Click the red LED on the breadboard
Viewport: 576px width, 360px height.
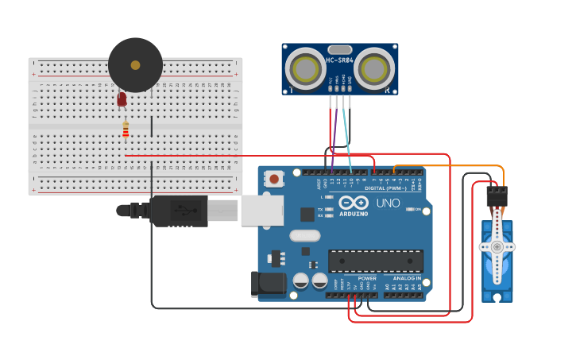click(x=122, y=99)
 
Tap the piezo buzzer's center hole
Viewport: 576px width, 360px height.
click(x=135, y=65)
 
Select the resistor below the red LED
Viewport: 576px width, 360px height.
click(x=126, y=129)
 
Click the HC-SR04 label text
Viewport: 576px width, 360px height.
click(x=339, y=60)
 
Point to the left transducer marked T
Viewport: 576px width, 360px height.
click(x=306, y=70)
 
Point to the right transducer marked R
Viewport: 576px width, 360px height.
click(x=374, y=70)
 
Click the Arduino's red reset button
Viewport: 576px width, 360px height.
click(x=274, y=179)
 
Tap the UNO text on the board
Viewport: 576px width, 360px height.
click(x=388, y=203)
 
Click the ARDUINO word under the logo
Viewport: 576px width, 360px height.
click(x=354, y=214)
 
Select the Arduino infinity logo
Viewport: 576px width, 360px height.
click(x=354, y=202)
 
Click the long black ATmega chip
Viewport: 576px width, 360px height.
click(x=376, y=261)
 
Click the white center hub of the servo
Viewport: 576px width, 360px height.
click(x=497, y=247)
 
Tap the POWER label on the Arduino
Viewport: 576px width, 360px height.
click(x=366, y=278)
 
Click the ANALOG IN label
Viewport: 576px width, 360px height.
click(x=406, y=278)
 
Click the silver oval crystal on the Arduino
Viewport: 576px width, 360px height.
click(x=304, y=235)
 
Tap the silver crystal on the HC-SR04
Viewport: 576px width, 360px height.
click(x=339, y=50)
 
